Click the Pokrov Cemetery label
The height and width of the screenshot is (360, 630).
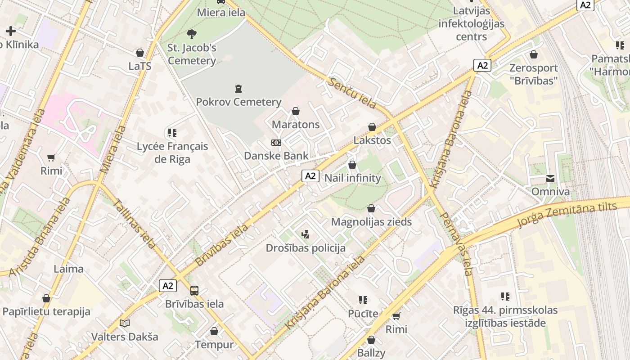click(x=238, y=102)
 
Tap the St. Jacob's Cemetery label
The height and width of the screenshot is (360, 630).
click(x=192, y=54)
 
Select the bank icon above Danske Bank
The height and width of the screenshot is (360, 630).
click(x=276, y=143)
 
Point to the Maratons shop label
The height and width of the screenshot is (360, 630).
click(x=296, y=125)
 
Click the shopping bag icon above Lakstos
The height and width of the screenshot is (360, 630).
click(x=372, y=127)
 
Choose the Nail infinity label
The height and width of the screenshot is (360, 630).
click(x=353, y=178)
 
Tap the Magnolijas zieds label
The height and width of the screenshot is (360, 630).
click(x=371, y=222)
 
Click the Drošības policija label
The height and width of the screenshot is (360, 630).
click(x=306, y=248)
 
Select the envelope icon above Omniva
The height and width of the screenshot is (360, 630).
click(x=550, y=179)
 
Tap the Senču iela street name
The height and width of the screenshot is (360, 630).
click(x=352, y=93)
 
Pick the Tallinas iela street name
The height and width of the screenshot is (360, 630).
click(x=134, y=223)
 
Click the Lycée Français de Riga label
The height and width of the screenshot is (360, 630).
click(x=172, y=153)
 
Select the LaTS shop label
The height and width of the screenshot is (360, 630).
click(x=140, y=66)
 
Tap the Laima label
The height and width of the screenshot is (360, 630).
click(x=68, y=269)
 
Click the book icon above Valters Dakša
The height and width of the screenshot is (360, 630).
click(x=125, y=323)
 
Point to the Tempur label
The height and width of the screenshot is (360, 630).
click(x=214, y=345)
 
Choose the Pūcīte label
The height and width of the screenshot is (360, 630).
click(x=363, y=314)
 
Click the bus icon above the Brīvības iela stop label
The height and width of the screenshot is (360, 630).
click(x=194, y=291)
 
